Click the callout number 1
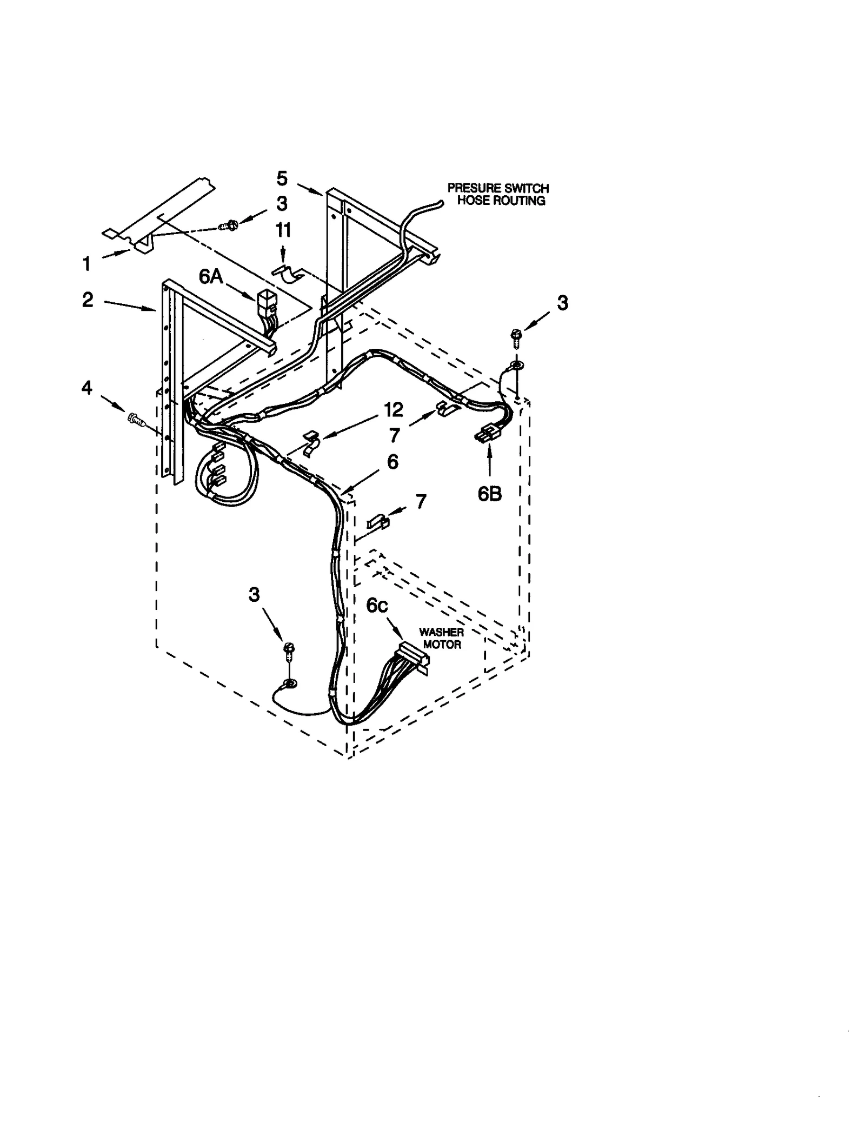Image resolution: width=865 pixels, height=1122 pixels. pyautogui.click(x=86, y=264)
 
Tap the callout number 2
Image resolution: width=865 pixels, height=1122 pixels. pyautogui.click(x=88, y=300)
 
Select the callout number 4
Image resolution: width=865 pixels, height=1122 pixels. pyautogui.click(x=87, y=388)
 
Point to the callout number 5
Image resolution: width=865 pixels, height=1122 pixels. pyautogui.click(x=282, y=178)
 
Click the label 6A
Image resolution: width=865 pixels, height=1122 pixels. pyautogui.click(x=211, y=276)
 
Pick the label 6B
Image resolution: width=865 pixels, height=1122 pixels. pyautogui.click(x=489, y=493)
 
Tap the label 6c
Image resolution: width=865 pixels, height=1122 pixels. pyautogui.click(x=377, y=606)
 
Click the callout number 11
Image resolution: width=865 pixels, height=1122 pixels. pyautogui.click(x=283, y=230)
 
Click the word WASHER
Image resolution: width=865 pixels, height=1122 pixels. pyautogui.click(x=442, y=632)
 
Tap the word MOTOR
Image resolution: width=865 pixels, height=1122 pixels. pyautogui.click(x=442, y=645)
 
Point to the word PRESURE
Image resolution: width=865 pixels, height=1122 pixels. pyautogui.click(x=469, y=188)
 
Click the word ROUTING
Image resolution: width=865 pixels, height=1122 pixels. pyautogui.click(x=520, y=201)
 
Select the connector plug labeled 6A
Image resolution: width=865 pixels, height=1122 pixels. pyautogui.click(x=266, y=301)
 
